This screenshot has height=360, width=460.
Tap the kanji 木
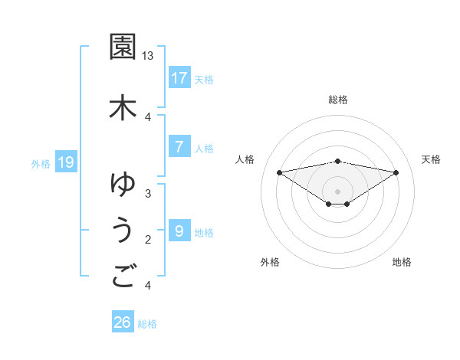(x=123, y=106)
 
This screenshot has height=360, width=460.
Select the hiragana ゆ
(x=123, y=184)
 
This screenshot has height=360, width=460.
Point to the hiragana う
(x=123, y=231)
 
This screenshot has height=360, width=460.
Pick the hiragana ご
(x=123, y=276)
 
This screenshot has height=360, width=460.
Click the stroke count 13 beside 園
(x=148, y=56)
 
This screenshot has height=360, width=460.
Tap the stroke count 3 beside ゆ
(x=148, y=193)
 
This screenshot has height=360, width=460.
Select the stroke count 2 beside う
(x=148, y=240)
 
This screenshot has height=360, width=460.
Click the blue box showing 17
(x=179, y=77)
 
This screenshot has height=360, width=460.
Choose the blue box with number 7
(x=179, y=147)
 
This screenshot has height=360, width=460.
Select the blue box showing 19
(x=66, y=162)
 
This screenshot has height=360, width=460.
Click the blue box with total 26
(x=123, y=322)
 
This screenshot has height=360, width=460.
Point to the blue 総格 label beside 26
(x=147, y=323)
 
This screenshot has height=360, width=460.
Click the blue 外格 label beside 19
(x=41, y=162)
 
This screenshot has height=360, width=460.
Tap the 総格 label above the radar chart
(x=337, y=100)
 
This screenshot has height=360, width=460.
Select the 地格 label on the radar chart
(x=402, y=262)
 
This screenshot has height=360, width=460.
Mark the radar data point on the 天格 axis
(x=396, y=172)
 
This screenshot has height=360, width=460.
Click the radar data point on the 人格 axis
(x=279, y=172)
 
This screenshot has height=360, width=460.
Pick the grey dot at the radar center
(x=337, y=190)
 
